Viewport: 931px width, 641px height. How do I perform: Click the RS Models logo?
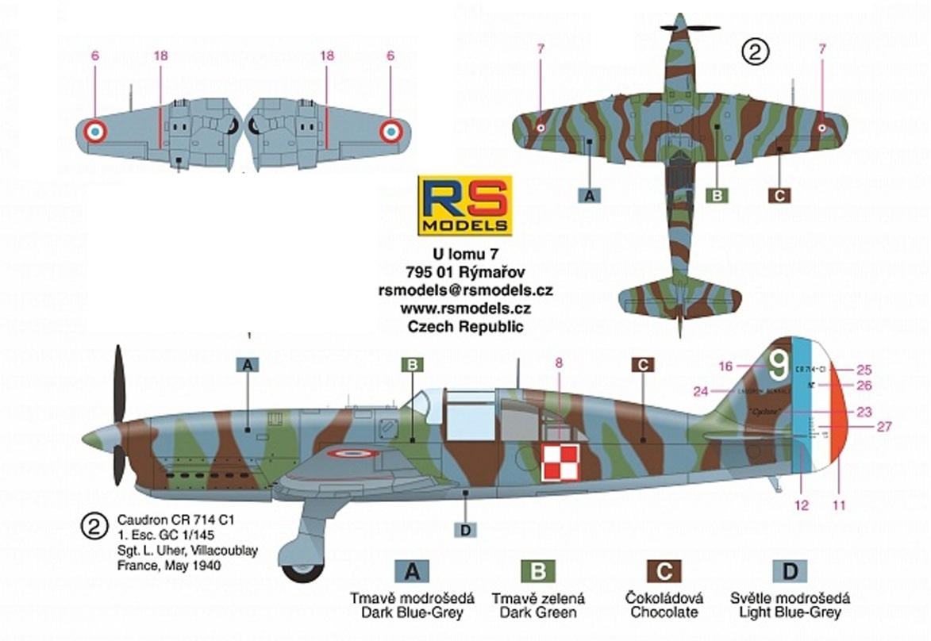[x=465, y=205]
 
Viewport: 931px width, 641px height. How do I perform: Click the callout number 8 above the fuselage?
[x=559, y=363]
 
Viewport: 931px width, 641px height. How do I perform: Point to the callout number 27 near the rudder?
[x=886, y=426]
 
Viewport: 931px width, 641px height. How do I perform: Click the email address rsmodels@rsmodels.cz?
[x=465, y=290]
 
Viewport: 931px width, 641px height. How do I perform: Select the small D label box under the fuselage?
[x=465, y=529]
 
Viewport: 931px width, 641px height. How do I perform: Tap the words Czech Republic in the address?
[x=465, y=326]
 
